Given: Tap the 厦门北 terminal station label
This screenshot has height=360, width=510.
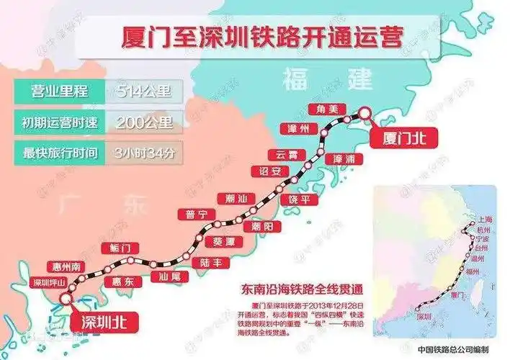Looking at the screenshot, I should click(x=396, y=135).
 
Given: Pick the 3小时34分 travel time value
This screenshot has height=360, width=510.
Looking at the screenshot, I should click(x=144, y=152).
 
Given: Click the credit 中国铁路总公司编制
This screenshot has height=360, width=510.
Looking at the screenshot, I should click(x=457, y=348).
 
